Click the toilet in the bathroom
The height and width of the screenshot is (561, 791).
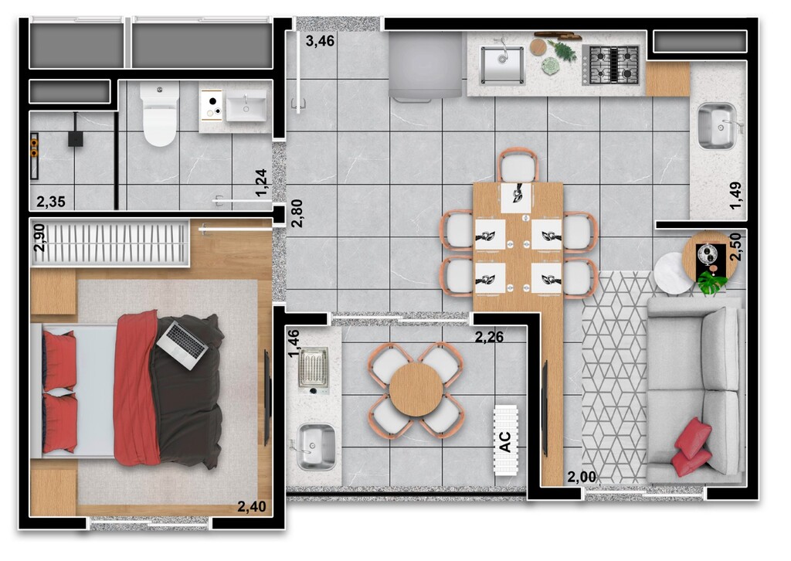pos(160,114)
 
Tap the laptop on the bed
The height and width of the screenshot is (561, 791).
pos(182,345)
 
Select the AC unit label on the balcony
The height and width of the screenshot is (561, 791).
pos(505,441)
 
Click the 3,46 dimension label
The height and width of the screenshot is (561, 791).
pos(320,41)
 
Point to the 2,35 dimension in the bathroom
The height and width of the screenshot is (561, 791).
pos(51,202)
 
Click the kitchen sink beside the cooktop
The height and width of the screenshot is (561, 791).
pos(502,65)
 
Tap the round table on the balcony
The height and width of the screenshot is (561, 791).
pos(416,389)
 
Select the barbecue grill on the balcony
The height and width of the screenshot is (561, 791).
pos(314,370)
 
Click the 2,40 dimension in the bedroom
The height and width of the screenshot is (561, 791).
pos(252,506)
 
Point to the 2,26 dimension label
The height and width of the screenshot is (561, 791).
pos(489,336)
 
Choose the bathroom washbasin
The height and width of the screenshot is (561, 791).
pos(246,106)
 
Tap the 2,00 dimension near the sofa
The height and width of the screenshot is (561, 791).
pos(582,477)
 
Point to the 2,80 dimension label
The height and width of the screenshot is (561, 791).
pos(297,213)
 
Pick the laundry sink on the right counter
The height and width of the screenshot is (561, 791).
pos(718,126)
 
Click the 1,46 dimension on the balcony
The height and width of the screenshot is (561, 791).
pos(294,343)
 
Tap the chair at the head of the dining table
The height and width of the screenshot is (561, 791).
pos(518,166)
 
